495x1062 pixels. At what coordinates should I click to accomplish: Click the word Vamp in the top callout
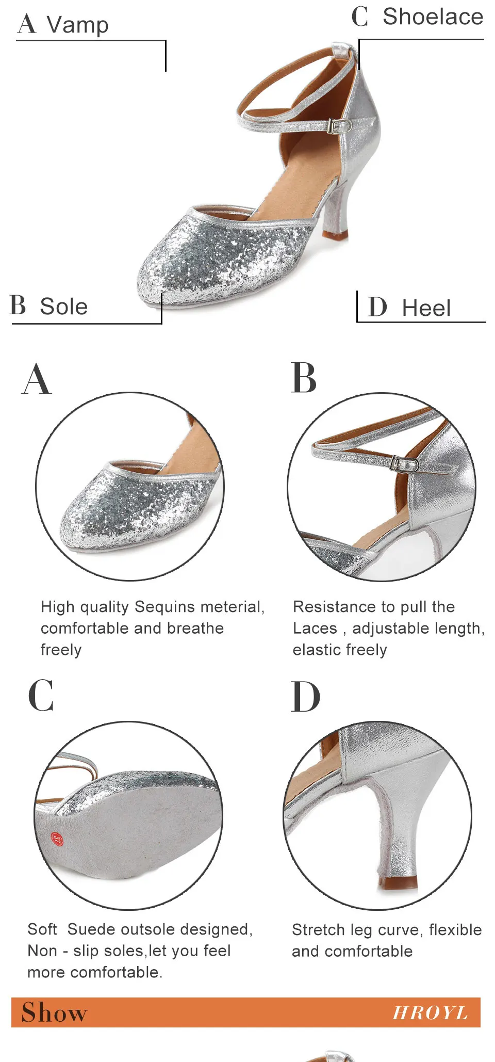pos(77,24)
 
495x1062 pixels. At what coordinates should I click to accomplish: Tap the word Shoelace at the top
pos(433,17)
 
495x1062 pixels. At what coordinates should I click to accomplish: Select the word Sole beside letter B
pos(64,307)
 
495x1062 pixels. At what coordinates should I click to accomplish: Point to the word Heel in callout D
pos(426,308)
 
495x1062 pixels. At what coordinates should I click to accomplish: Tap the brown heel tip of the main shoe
pos(335,235)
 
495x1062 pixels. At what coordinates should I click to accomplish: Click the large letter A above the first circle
pos(37,379)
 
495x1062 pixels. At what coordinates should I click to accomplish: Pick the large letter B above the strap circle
pos(304,378)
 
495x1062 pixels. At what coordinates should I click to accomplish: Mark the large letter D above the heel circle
pos(305,697)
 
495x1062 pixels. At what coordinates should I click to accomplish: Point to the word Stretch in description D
pos(318,930)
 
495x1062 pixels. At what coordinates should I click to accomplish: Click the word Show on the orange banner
pos(54,1012)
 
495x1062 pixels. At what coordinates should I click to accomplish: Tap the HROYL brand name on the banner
pos(430,1013)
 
